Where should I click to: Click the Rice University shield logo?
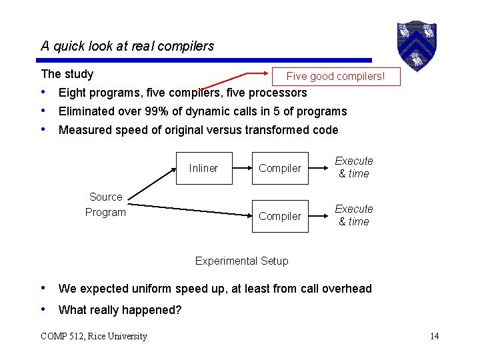tap(417, 43)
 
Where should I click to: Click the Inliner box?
tap(203, 168)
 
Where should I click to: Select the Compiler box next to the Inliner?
tap(280, 168)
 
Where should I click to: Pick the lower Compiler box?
tap(280, 216)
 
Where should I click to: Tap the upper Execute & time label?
tap(353, 167)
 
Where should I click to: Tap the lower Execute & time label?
tap(353, 215)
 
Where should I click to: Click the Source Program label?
tap(105, 205)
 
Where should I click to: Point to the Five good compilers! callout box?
tap(335, 76)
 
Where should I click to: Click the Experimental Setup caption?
tap(241, 261)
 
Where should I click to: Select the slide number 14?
tap(434, 336)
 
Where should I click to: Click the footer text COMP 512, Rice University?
tap(93, 336)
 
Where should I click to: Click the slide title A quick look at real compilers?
tap(127, 46)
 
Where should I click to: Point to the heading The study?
tap(67, 74)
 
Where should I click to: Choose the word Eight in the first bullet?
tap(71, 93)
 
